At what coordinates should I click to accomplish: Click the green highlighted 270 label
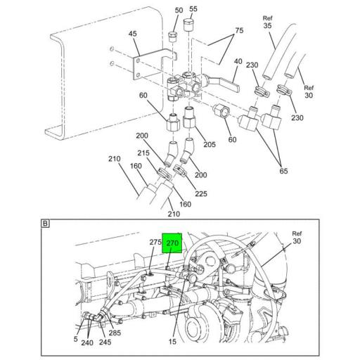(x=172, y=243)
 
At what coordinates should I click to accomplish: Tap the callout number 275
(x=155, y=243)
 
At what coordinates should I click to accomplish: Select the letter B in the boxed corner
(x=45, y=224)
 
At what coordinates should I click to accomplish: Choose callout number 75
(x=239, y=30)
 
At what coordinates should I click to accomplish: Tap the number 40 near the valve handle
(x=238, y=62)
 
